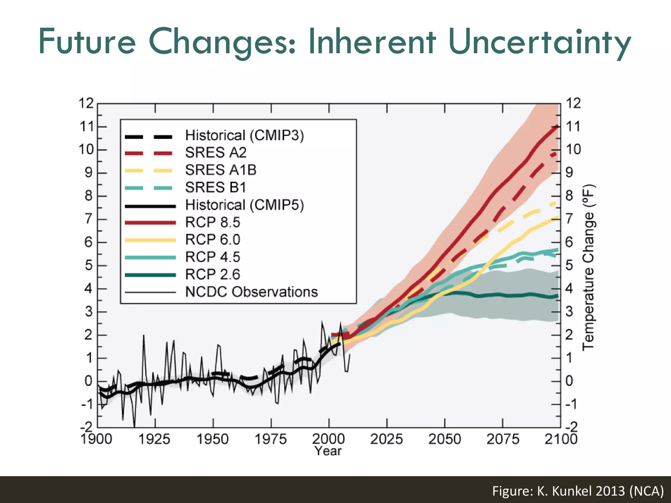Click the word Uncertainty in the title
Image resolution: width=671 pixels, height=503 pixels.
(x=539, y=42)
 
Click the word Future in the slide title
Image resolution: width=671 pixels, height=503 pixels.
(x=87, y=42)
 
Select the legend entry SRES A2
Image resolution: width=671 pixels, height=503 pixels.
(x=216, y=153)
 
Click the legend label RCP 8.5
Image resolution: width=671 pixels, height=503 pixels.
(x=212, y=222)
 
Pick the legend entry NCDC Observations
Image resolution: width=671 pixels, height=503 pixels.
(x=251, y=292)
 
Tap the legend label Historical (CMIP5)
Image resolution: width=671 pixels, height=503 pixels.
(x=244, y=205)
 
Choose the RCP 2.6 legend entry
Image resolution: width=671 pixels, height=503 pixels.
(x=212, y=274)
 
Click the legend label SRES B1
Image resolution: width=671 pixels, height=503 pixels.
(x=215, y=187)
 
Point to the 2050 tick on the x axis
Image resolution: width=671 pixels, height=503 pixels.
(x=445, y=439)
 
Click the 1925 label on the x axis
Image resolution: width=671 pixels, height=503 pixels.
(x=154, y=439)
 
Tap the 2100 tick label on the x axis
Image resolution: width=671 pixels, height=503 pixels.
(x=561, y=439)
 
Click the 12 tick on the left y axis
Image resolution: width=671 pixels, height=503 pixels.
(x=86, y=103)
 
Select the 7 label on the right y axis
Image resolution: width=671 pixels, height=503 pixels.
(x=569, y=219)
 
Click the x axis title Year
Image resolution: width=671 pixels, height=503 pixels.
(x=328, y=451)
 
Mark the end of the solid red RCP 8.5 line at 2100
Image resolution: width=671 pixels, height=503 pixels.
(x=558, y=126)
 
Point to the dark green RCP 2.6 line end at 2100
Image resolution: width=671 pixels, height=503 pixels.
(x=558, y=296)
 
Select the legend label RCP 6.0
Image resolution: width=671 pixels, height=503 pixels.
(x=212, y=240)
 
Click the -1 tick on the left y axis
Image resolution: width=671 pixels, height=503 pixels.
(x=87, y=405)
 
